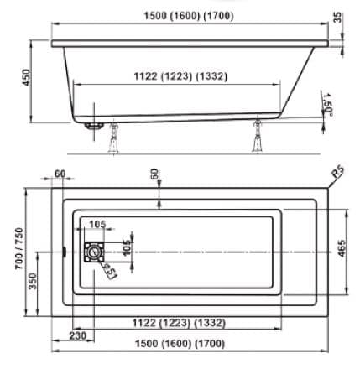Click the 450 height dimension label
pyautogui.click(x=26, y=77)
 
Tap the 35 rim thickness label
pyautogui.click(x=337, y=18)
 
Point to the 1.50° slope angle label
pyautogui.click(x=326, y=103)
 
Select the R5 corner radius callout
pyautogui.click(x=337, y=172)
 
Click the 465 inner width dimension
pyautogui.click(x=342, y=248)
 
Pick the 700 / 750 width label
pyautogui.click(x=19, y=249)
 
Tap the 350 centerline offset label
pyautogui.click(x=33, y=281)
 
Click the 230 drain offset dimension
pyautogui.click(x=78, y=335)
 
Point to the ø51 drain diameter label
pyautogui.click(x=111, y=271)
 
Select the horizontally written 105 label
pyautogui.click(x=97, y=224)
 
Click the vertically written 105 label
pyautogui.click(x=127, y=247)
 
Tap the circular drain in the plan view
pyautogui.click(x=94, y=252)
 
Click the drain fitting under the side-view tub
pyautogui.click(x=95, y=126)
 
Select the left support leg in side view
pyautogui.click(x=113, y=138)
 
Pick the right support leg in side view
pyautogui.click(x=257, y=137)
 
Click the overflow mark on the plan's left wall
pyautogui.click(x=65, y=252)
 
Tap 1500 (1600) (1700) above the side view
pyautogui.click(x=189, y=16)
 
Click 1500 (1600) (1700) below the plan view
pyautogui.click(x=180, y=344)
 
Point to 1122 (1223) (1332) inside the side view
pyautogui.click(x=180, y=76)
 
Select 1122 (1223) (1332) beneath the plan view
pyautogui.click(x=179, y=323)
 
